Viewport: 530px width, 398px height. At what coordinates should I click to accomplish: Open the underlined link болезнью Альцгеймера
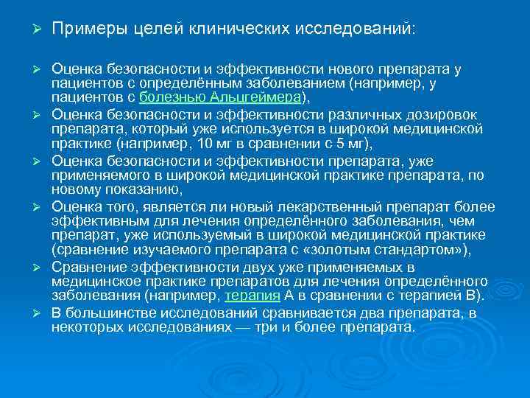pos(219,97)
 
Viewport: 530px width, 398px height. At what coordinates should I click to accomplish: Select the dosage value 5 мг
pos(347,144)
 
